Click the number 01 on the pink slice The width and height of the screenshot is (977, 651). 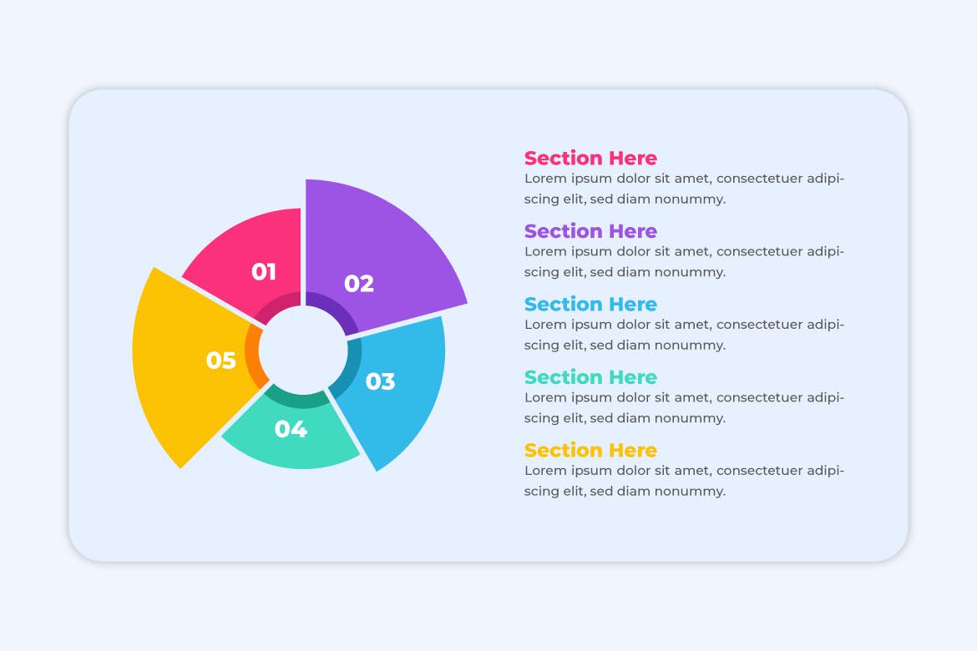pos(264,272)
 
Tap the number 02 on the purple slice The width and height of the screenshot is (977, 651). pos(359,284)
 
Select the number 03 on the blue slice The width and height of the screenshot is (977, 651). pos(380,381)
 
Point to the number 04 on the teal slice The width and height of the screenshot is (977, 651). pos(291,430)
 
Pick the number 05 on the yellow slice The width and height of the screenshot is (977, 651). pos(221,361)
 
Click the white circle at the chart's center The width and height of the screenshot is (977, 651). pos(303,350)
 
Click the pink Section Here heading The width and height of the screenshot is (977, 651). pos(590,158)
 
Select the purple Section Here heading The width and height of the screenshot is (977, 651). pos(590,231)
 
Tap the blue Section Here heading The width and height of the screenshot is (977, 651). pos(590,304)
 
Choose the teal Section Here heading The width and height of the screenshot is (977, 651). pos(590,377)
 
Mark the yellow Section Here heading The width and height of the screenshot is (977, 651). pos(590,451)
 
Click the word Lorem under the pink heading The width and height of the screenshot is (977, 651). pos(544,179)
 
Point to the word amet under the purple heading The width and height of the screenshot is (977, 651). pos(691,251)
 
